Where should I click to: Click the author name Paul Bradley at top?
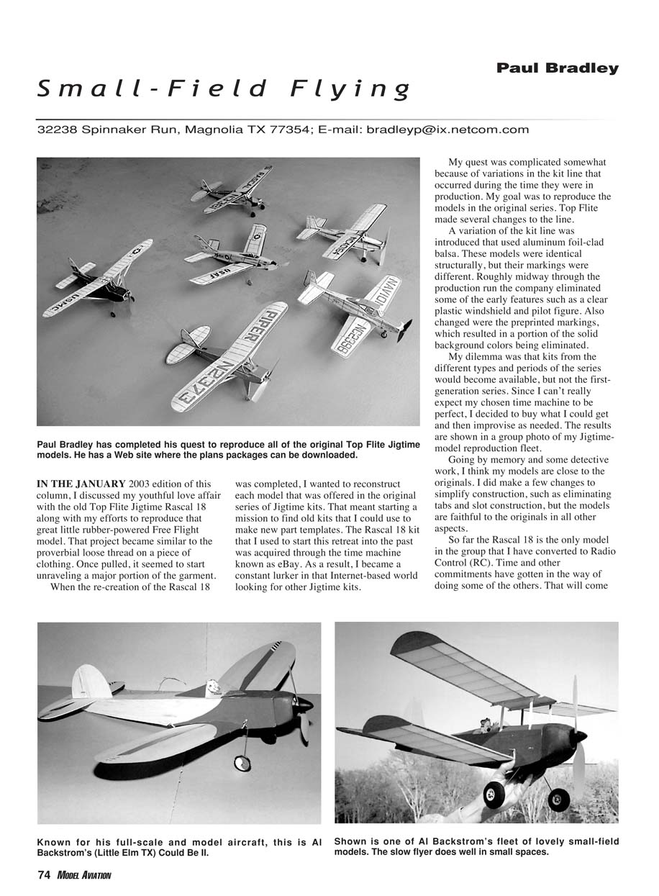[557, 68]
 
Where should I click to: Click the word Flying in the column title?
[350, 89]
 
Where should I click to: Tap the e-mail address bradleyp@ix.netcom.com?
[447, 130]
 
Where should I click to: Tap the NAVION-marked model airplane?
[356, 308]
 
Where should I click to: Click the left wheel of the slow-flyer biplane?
[495, 795]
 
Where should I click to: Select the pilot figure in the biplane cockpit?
[487, 722]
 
